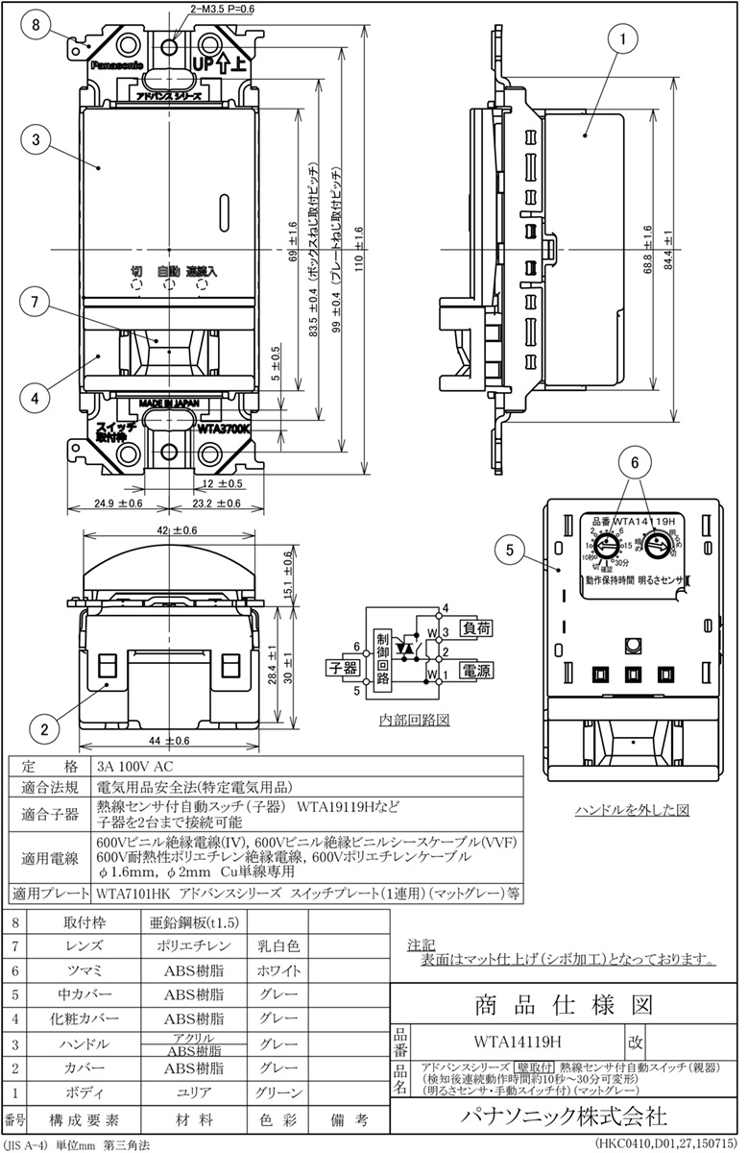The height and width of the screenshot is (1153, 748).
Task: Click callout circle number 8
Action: [35, 27]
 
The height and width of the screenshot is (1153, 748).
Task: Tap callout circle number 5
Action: [512, 552]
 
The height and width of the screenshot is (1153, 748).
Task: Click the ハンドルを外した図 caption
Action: [632, 809]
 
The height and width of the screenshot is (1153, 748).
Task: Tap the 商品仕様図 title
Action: [564, 1005]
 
